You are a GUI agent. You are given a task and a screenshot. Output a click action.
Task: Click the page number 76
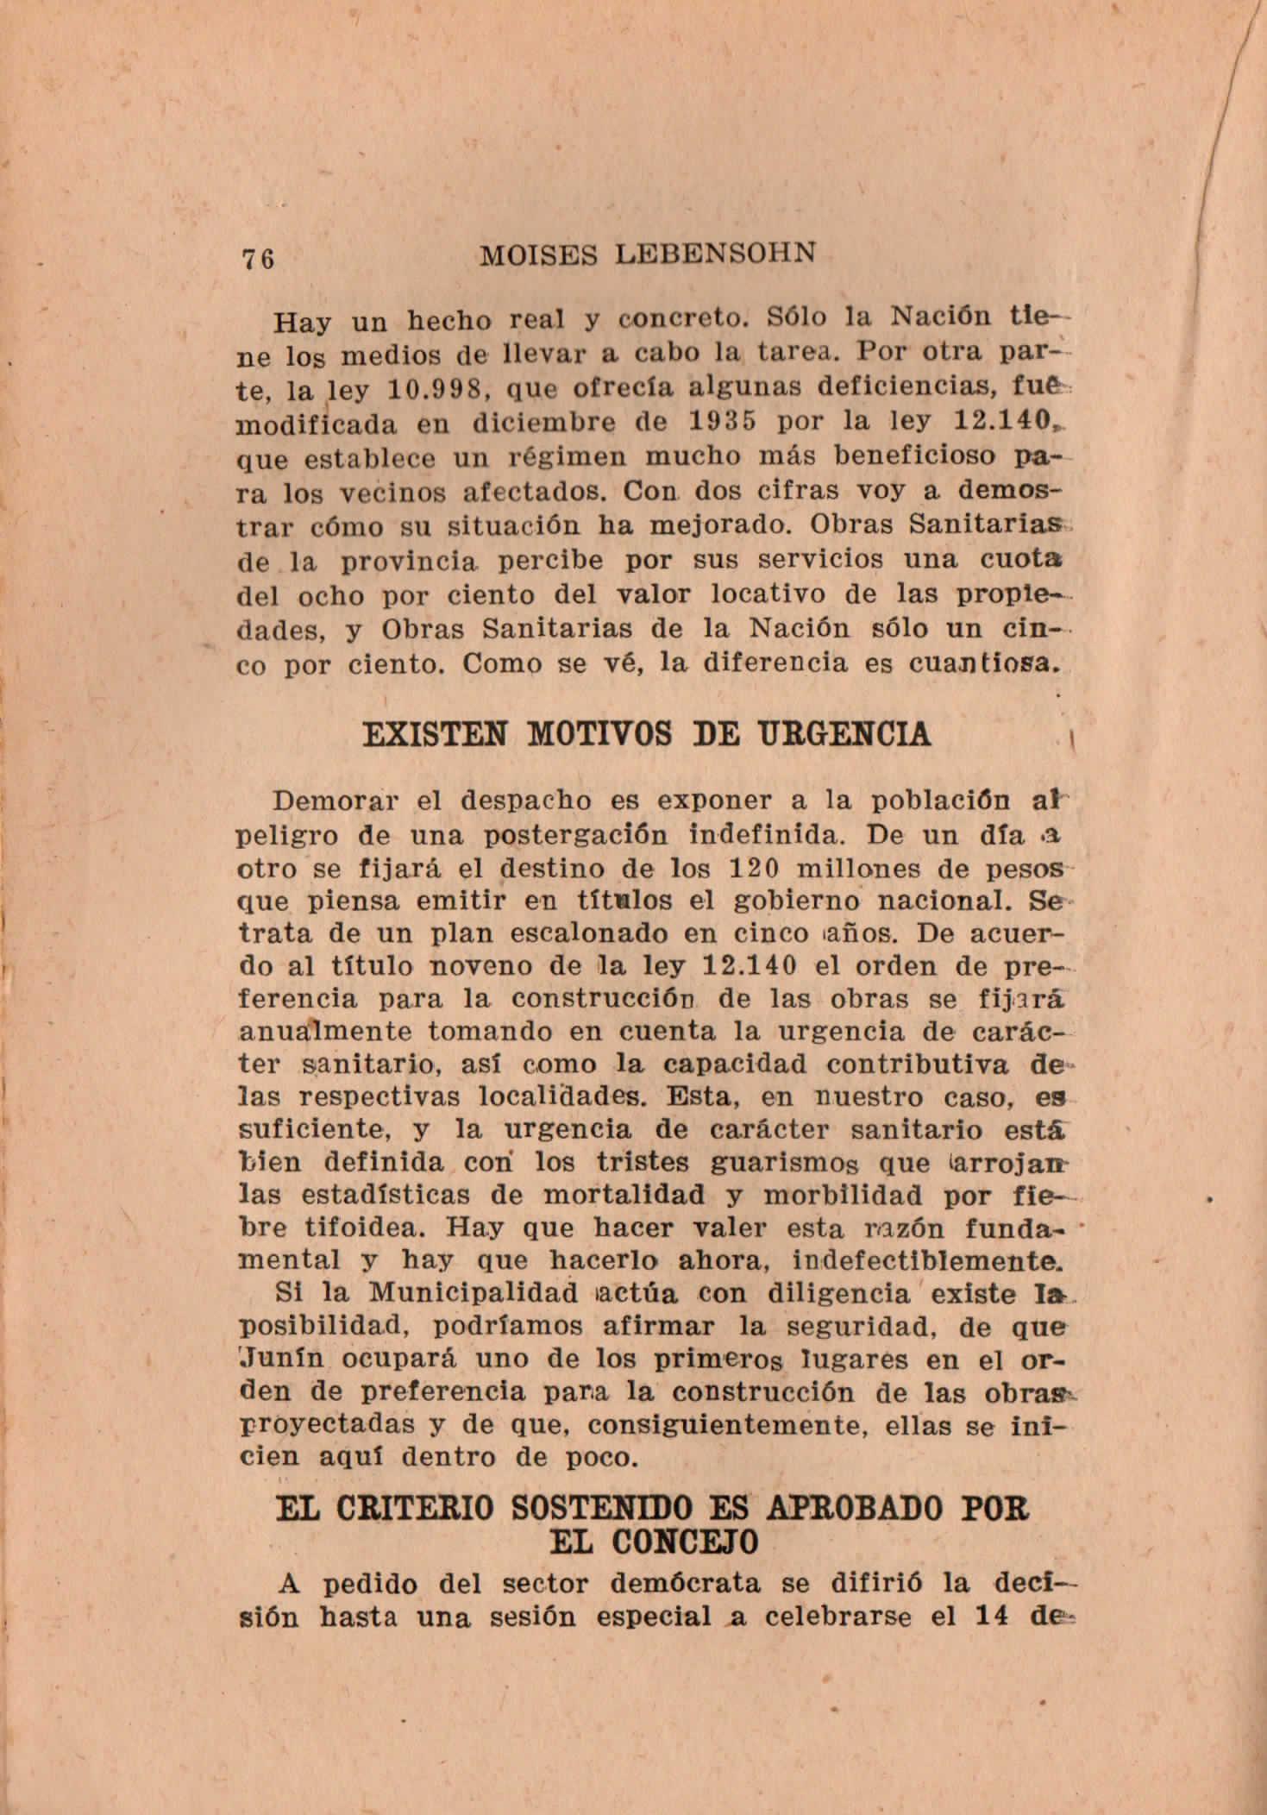point(258,258)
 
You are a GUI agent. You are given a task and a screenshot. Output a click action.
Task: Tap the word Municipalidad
point(472,1293)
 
